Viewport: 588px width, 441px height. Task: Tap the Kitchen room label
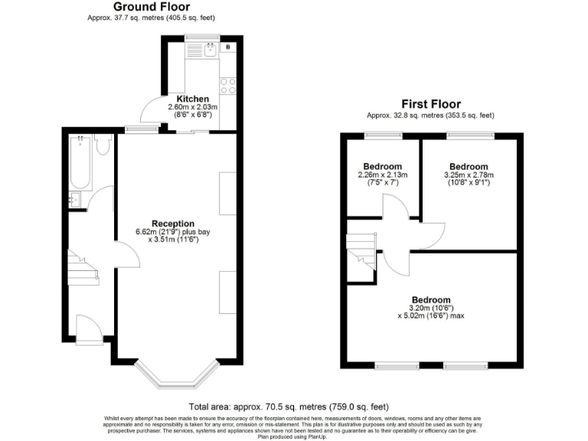[192, 99]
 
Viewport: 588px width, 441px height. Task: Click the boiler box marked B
[228, 47]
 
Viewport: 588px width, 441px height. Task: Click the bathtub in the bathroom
[80, 164]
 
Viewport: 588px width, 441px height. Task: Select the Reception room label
[173, 224]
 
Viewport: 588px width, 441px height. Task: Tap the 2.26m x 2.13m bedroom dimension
[382, 179]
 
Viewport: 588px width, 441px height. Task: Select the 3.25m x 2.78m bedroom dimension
[469, 179]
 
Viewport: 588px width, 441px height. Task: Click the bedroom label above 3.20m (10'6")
[430, 299]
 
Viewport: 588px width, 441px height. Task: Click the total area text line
[293, 407]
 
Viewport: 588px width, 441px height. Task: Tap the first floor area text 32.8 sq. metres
[430, 115]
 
